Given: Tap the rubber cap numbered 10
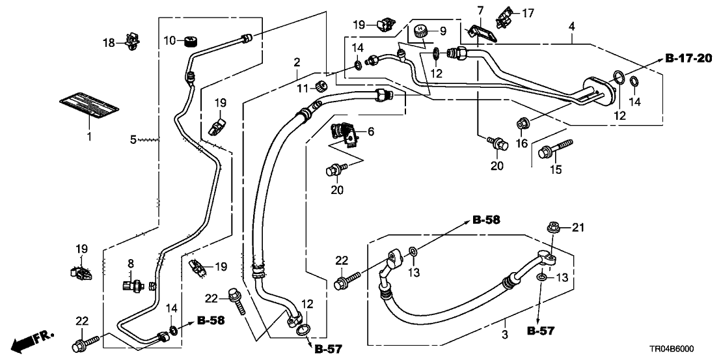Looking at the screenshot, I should [x=191, y=42].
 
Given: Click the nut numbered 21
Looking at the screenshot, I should [x=554, y=228].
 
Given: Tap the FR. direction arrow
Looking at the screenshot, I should [x=31, y=341].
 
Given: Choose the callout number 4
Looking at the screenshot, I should [x=571, y=27].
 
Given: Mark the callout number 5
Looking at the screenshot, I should [x=133, y=139].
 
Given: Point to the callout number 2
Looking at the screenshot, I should [x=297, y=62].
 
